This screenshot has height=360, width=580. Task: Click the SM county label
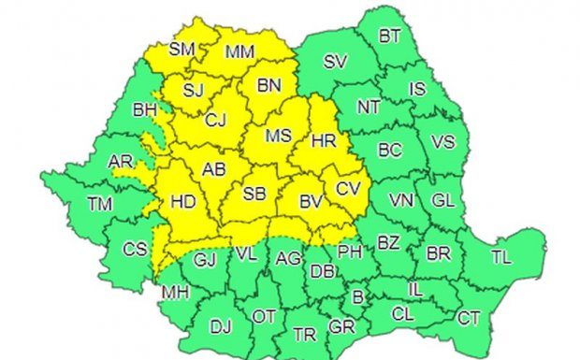click(181, 47)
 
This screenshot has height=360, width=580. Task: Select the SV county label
click(335, 63)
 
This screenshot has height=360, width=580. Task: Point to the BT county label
click(390, 37)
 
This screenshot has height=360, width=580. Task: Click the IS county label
click(418, 89)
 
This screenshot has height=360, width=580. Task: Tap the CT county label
click(469, 319)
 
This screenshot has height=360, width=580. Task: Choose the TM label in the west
click(98, 203)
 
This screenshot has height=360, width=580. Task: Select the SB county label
click(254, 194)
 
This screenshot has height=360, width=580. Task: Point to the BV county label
click(311, 201)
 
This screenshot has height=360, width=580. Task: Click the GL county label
click(442, 200)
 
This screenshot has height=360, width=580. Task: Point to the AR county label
click(121, 162)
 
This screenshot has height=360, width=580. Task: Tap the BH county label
click(145, 110)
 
